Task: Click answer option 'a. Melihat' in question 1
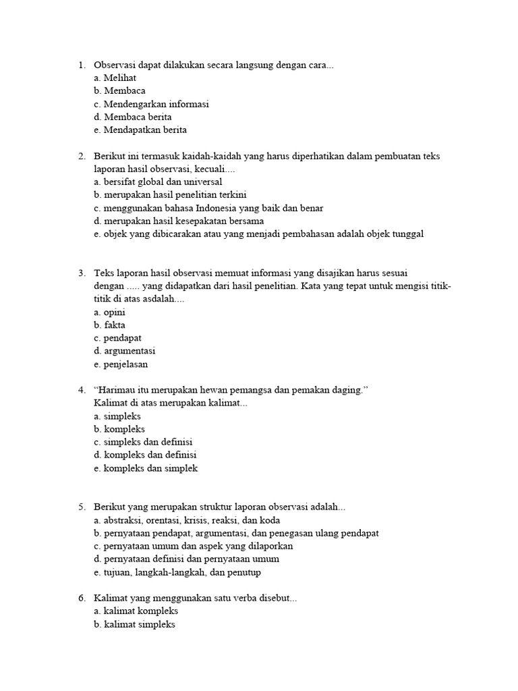pyautogui.click(x=115, y=78)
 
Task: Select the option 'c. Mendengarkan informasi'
pyautogui.click(x=152, y=104)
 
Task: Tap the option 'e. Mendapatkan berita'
pyautogui.click(x=140, y=130)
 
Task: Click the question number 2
pyautogui.click(x=81, y=156)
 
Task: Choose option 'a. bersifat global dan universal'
pyautogui.click(x=158, y=182)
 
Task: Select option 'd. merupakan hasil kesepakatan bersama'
pyautogui.click(x=179, y=221)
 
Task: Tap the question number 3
pyautogui.click(x=81, y=273)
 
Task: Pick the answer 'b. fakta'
pyautogui.click(x=110, y=325)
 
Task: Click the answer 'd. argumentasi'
pyautogui.click(x=125, y=351)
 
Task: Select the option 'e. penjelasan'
pyautogui.click(x=121, y=364)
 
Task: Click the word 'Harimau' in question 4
pyautogui.click(x=120, y=390)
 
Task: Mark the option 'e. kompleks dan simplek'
pyautogui.click(x=146, y=468)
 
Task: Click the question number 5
pyautogui.click(x=81, y=507)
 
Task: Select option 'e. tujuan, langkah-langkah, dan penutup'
pyautogui.click(x=177, y=572)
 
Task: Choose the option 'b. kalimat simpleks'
pyautogui.click(x=135, y=624)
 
